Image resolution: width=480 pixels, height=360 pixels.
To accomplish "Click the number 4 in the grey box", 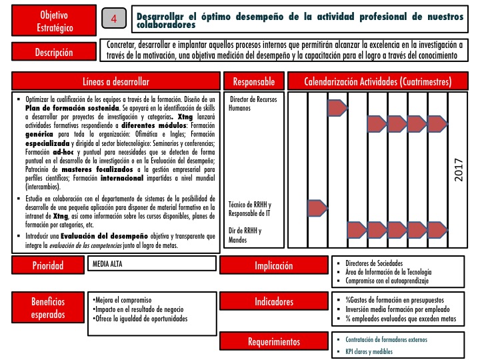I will pyautogui.click(x=114, y=19).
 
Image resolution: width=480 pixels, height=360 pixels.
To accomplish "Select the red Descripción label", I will pyautogui.click(x=53, y=52).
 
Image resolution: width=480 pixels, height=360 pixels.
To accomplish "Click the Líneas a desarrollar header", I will pyautogui.click(x=116, y=81).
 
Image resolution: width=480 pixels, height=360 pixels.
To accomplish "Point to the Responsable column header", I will pyautogui.click(x=254, y=81).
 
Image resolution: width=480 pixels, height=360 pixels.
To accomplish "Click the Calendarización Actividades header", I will pyautogui.click(x=378, y=81).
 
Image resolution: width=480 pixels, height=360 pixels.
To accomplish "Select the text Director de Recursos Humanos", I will pyautogui.click(x=253, y=103).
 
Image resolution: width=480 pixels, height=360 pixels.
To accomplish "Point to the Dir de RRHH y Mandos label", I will pyautogui.click(x=245, y=235).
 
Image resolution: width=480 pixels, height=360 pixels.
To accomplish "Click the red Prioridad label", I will pyautogui.click(x=49, y=267).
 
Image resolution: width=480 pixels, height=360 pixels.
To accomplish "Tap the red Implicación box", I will pyautogui.click(x=273, y=267).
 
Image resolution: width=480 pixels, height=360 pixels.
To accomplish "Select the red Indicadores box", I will pyautogui.click(x=273, y=302).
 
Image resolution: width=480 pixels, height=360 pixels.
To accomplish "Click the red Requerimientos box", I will pyautogui.click(x=273, y=342).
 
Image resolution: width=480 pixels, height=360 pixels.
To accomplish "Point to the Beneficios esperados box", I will pyautogui.click(x=49, y=307).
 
